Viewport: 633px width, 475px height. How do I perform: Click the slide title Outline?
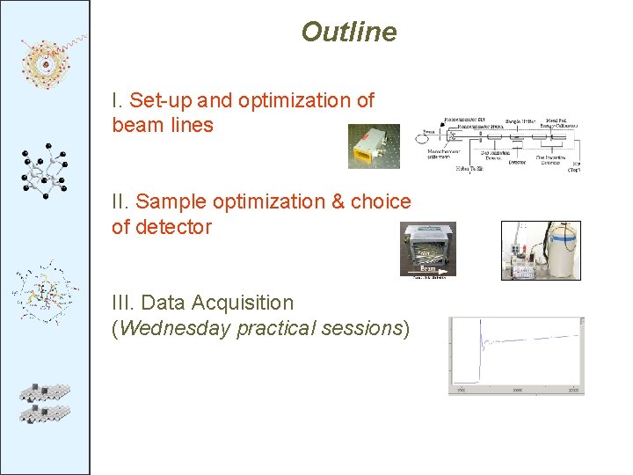[x=348, y=33]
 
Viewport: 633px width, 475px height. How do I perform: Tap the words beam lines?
[x=163, y=126]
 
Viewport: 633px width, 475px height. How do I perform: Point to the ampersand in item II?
[x=336, y=202]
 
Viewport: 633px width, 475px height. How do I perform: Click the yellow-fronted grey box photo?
[x=373, y=146]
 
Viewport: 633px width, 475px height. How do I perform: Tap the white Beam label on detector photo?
[x=428, y=267]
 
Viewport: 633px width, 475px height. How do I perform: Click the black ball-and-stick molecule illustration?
[x=44, y=172]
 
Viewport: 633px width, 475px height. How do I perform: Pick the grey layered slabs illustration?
[x=44, y=402]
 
